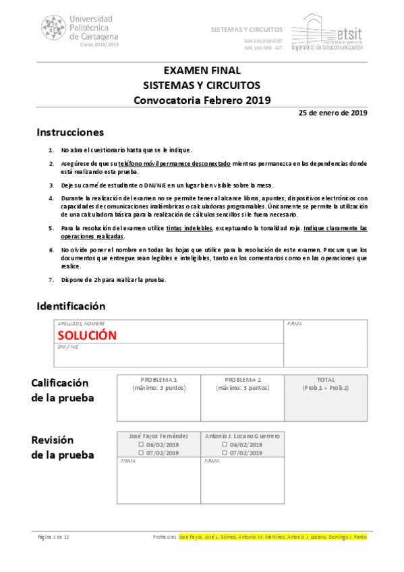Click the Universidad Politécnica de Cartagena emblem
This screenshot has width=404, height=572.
click(54, 28)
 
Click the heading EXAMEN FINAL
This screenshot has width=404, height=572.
click(202, 71)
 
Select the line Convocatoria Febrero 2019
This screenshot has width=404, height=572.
click(202, 101)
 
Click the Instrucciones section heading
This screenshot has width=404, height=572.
click(70, 132)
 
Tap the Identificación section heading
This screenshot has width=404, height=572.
click(71, 306)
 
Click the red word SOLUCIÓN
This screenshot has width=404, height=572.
click(87, 335)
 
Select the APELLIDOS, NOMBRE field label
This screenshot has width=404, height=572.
click(81, 324)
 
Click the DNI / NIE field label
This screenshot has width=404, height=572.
click(69, 346)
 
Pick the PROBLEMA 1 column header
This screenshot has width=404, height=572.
click(158, 380)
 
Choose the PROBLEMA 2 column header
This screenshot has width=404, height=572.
click(242, 380)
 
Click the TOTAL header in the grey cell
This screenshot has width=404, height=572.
click(326, 380)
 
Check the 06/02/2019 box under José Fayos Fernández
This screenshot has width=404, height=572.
click(141, 445)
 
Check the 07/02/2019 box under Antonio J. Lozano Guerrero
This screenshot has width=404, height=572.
click(225, 453)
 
